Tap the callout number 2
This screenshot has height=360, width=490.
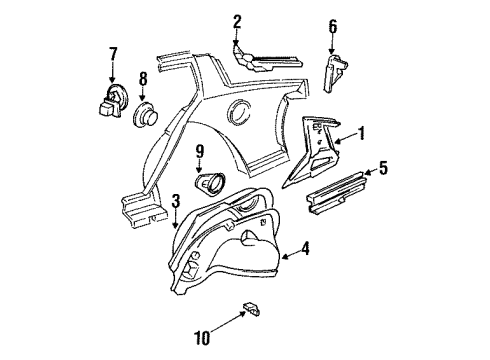[237, 21]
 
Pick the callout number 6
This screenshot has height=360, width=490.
[333, 26]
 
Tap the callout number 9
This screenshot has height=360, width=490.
[199, 152]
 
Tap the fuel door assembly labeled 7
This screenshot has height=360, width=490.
[110, 102]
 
